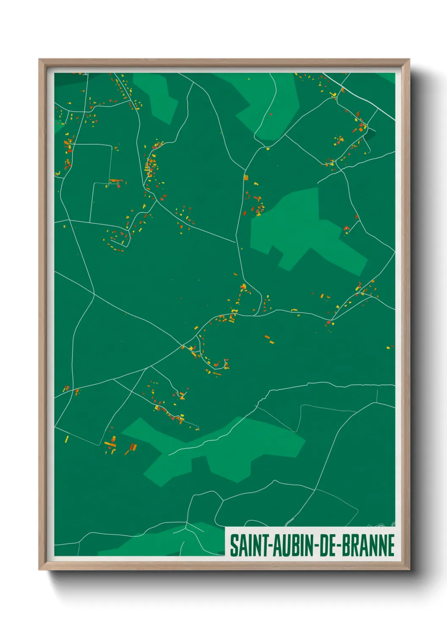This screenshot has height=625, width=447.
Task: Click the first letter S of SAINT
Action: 234,545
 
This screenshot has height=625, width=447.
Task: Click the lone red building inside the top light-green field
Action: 271,113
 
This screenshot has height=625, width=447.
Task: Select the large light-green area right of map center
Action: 304,228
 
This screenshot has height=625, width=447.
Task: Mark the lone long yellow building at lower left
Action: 67,439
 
